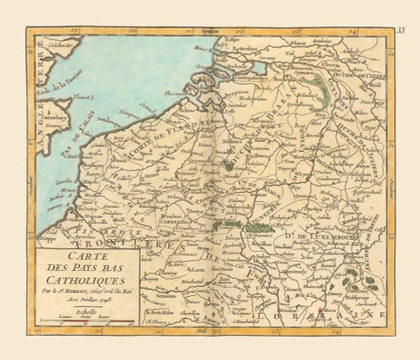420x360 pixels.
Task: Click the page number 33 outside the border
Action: pos(401,31)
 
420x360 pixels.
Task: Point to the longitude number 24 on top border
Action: pos(354,32)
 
